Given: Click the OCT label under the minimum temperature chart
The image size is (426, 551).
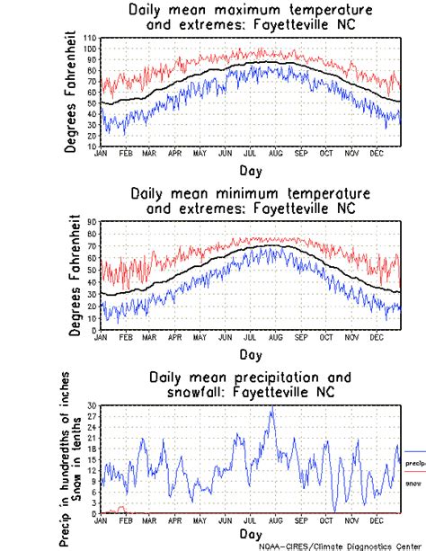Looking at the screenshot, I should (x=324, y=337).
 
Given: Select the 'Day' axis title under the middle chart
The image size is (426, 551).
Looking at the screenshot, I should (x=251, y=354).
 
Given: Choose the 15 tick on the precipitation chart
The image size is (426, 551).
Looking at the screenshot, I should (x=92, y=459).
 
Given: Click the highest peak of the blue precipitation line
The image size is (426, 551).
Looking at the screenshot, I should (x=271, y=407).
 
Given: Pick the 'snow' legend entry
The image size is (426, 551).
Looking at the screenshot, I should (x=413, y=483).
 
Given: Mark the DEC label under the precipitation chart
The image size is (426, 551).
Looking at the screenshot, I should (x=375, y=521).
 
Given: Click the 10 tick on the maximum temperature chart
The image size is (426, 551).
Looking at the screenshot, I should (x=92, y=146).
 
